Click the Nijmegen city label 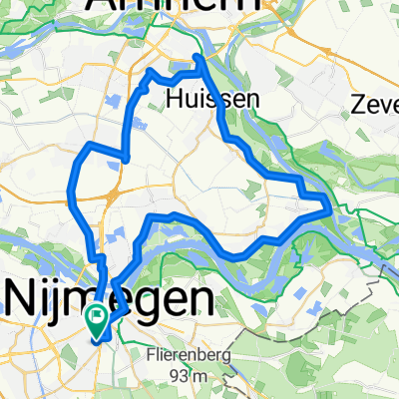point(109,297)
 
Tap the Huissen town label point(199,99)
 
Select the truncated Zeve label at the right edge point(376,103)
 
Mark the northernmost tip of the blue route point(197,56)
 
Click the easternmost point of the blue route point(330,208)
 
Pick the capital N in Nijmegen point(20,297)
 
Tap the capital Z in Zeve point(360,103)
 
